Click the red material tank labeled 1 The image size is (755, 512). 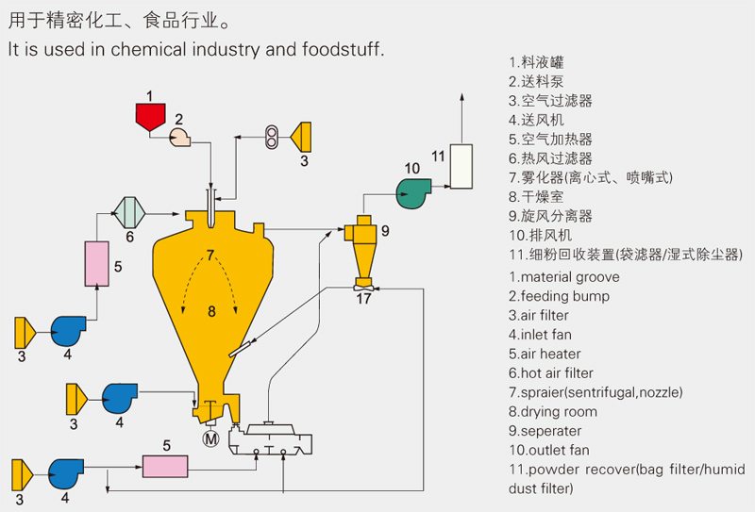[x=149, y=117]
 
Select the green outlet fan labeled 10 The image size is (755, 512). [x=411, y=192]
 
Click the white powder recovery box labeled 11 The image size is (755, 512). [x=461, y=167]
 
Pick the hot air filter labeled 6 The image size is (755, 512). [x=129, y=210]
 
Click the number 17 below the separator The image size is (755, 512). [x=363, y=301]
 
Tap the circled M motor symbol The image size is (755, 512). [x=210, y=438]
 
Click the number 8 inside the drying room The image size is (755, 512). [x=212, y=310]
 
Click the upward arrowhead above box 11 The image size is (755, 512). [x=461, y=98]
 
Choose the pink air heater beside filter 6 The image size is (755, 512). [x=97, y=263]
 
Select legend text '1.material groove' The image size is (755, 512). [x=564, y=277]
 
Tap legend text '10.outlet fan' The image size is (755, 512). [x=548, y=450]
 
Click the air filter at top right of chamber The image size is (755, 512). [x=304, y=137]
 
